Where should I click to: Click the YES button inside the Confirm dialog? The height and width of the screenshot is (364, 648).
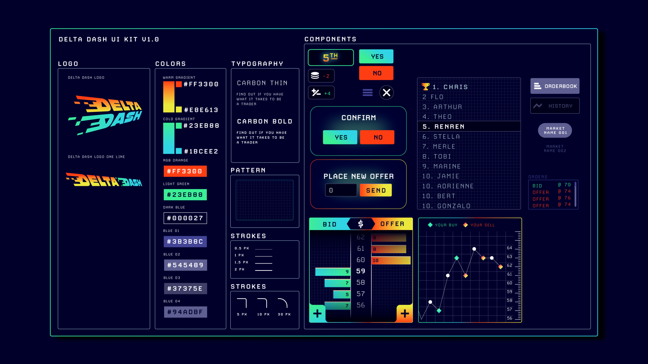point(340,137)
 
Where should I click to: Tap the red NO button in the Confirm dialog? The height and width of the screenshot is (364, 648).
point(377,137)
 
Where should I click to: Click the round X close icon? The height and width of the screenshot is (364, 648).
point(386,93)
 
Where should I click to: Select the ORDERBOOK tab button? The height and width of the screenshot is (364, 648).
point(555,86)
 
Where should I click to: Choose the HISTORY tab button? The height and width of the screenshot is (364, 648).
point(555,106)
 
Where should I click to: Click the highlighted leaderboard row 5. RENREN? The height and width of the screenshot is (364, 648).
point(469,126)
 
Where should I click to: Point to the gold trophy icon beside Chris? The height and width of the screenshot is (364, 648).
point(426,86)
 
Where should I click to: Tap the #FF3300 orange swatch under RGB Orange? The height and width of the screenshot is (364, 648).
point(185,171)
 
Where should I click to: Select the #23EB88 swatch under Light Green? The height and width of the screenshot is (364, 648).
point(185,195)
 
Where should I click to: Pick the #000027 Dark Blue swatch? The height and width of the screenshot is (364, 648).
point(185,218)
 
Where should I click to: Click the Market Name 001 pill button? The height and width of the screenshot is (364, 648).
point(555,130)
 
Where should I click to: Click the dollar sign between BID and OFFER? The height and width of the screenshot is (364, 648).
point(360,224)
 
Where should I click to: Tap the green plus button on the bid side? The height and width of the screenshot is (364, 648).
point(317,313)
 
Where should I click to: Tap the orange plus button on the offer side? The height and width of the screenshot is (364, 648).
point(405,313)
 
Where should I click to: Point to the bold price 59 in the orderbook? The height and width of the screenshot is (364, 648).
point(361,271)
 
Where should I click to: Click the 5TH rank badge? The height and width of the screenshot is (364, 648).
point(331,58)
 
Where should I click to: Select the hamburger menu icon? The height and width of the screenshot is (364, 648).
point(367,93)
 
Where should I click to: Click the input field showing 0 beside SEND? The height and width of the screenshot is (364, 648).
point(341,190)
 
